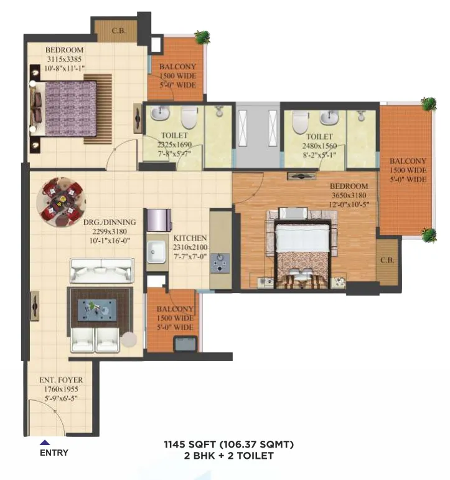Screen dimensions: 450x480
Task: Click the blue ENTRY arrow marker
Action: (45, 443)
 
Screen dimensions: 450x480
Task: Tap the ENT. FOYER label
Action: (61, 380)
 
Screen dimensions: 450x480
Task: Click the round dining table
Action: (61, 202)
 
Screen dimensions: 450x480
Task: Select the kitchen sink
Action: (156, 252)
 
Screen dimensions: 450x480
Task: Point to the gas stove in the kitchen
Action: (220, 262)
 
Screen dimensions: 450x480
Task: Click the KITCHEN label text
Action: (190, 238)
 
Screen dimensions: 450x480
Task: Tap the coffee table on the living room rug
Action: (97, 310)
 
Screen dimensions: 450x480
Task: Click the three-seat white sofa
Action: (102, 271)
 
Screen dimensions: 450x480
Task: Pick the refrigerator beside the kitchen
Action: (159, 220)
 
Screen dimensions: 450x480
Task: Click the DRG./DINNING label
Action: (110, 223)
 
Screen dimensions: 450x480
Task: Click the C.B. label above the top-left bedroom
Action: (119, 31)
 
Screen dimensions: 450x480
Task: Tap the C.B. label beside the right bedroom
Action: (387, 260)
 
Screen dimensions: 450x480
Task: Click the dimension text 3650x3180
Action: (349, 195)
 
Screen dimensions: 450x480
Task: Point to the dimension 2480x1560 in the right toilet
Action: (319, 146)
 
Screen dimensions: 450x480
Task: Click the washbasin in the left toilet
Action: (160, 113)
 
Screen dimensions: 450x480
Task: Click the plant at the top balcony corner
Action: (202, 37)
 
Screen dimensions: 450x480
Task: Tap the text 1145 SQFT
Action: (190, 444)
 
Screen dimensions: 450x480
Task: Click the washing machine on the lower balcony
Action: (185, 343)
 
